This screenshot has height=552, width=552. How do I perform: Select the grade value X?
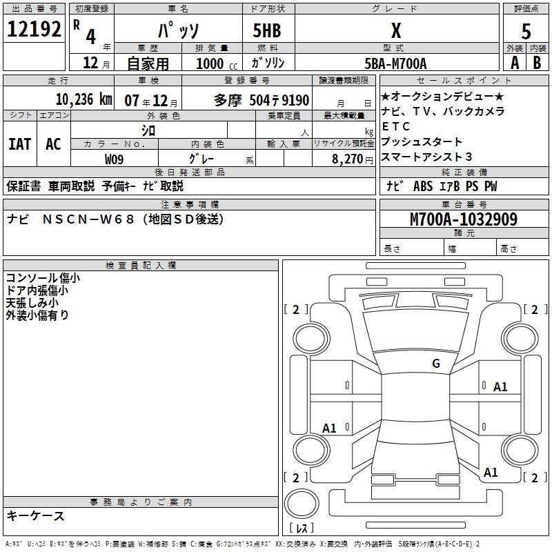coord(395,30)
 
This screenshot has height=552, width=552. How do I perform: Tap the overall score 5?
coord(526,31)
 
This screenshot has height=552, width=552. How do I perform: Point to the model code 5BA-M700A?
coord(395,63)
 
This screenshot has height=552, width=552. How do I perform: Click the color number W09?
coord(115,159)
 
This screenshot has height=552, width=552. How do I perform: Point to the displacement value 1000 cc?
coord(210,63)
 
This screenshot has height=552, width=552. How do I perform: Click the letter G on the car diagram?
coord(436,364)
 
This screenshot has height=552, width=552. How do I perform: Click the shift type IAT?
coord(19,144)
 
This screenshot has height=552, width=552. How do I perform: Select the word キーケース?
coord(35,515)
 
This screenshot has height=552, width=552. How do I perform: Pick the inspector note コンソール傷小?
coord(43,278)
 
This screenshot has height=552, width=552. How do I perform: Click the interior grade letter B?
coord(537,63)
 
